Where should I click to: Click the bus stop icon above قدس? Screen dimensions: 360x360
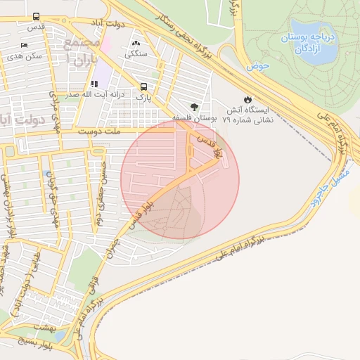(37, 16)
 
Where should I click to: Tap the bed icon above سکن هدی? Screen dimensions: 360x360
(25, 46)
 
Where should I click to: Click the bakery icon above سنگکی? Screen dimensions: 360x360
(135, 43)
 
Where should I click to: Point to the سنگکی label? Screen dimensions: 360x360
(135, 53)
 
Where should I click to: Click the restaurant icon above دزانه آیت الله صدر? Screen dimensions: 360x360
(94, 84)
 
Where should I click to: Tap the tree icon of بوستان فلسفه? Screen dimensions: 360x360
(193, 106)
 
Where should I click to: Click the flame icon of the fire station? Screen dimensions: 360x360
(247, 99)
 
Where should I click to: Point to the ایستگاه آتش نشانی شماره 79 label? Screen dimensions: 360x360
(249, 115)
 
